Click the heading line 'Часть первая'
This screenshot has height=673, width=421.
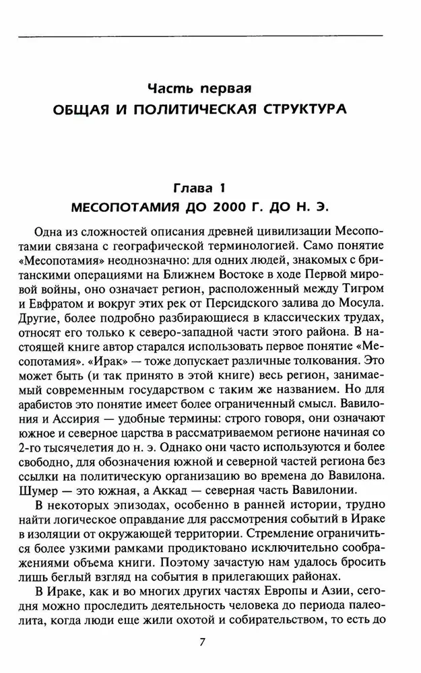coord(209,88)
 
